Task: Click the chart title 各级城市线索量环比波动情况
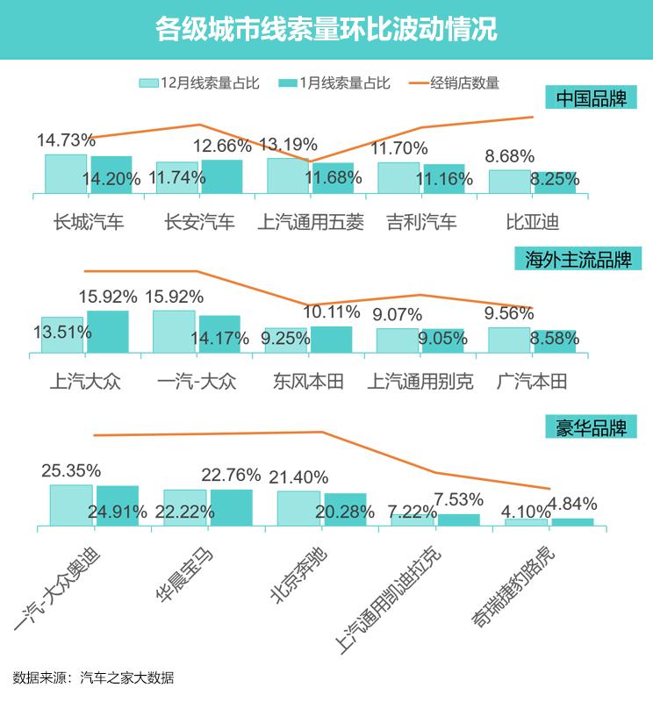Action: pos(326,29)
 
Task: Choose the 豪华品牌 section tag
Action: pos(591,429)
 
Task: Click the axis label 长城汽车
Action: pos(89,222)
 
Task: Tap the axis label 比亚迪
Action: pos(532,222)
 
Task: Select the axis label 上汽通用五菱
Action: pos(311,222)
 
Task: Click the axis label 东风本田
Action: pos(308,382)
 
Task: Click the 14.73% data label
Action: pos(66,140)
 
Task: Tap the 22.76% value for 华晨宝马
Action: pos(231,475)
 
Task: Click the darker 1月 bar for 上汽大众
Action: pos(108,332)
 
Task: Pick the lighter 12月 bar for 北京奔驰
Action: pos(298,508)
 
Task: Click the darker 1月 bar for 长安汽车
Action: pos(222,175)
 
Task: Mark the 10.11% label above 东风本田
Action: pos(332,312)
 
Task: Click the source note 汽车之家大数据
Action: pos(126,677)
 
